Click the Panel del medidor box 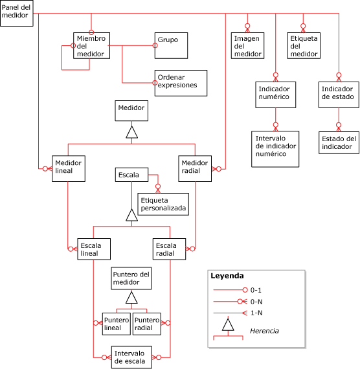click(16, 13)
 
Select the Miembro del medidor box click(90, 46)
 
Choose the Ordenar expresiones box click(180, 82)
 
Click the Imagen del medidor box click(248, 46)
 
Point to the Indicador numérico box click(275, 94)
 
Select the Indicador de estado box click(337, 94)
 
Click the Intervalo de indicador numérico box click(275, 149)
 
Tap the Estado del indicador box click(339, 142)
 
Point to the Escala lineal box click(93, 250)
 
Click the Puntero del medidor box click(131, 280)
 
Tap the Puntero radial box click(147, 324)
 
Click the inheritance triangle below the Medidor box click(131, 133)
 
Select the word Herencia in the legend click(264, 331)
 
